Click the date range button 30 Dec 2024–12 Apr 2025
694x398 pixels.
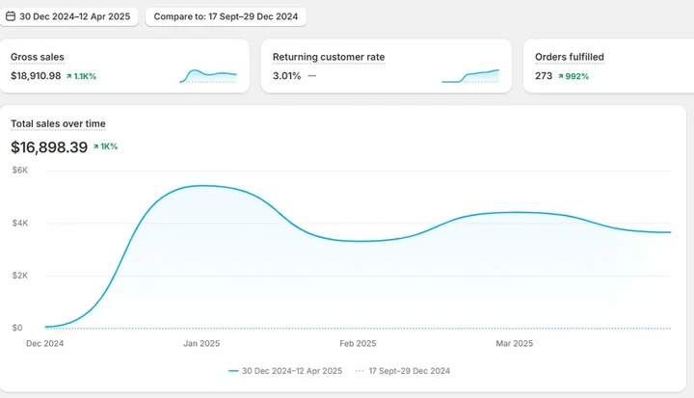click(x=70, y=16)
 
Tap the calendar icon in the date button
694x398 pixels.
click(x=9, y=16)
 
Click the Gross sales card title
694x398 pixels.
click(x=38, y=57)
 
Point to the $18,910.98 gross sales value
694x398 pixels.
click(x=36, y=75)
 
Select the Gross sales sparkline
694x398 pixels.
click(x=208, y=75)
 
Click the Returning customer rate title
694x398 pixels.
click(x=329, y=57)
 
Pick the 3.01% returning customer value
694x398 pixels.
click(x=286, y=75)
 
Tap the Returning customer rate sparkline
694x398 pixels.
click(x=470, y=75)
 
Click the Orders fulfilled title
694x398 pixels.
click(x=569, y=57)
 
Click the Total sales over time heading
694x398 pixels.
click(x=58, y=123)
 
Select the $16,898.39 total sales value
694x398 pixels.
click(x=49, y=147)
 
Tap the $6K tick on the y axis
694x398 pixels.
click(x=18, y=171)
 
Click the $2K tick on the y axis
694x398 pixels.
click(x=18, y=276)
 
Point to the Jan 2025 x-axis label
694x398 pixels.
click(x=201, y=343)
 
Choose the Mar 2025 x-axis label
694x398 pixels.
click(x=514, y=343)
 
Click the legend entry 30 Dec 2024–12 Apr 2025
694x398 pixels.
click(x=285, y=371)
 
